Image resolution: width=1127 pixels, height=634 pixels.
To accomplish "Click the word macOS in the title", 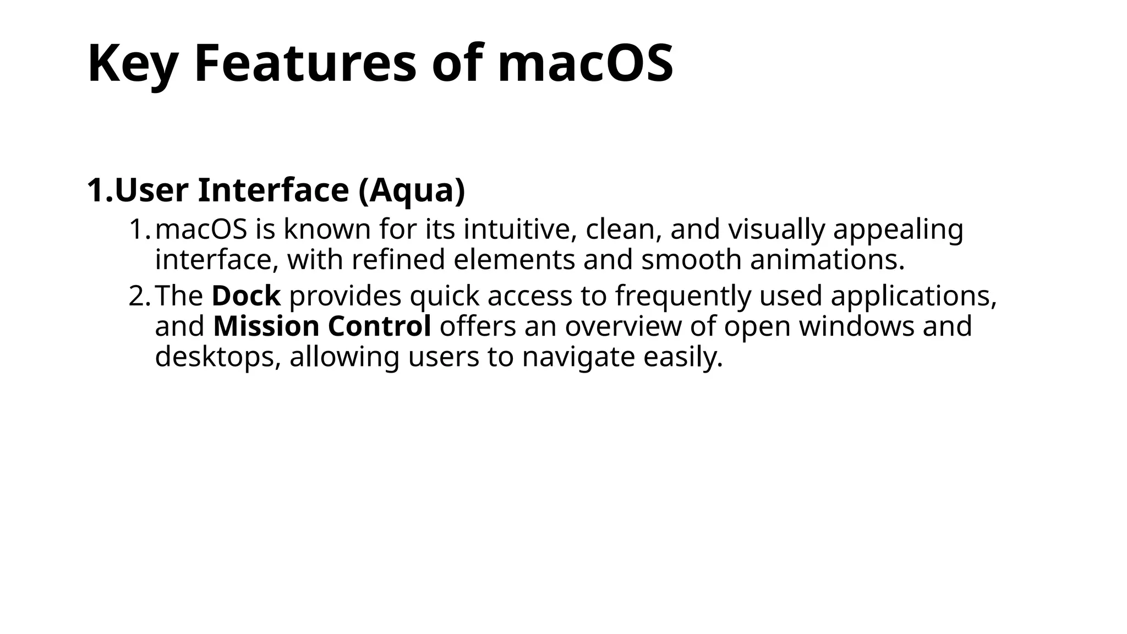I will (585, 63).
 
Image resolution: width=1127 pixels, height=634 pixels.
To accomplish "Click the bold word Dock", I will (246, 296).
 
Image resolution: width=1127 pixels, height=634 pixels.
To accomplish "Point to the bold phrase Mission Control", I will (322, 326).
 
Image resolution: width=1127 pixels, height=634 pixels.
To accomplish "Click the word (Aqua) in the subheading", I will (412, 190).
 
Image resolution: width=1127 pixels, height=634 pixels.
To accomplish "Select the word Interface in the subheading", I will (273, 190).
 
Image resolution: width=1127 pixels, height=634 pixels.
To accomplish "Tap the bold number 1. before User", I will (100, 190).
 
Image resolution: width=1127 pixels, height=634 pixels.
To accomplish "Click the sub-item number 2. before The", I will (139, 296).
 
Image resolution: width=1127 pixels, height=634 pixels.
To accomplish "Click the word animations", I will (827, 260).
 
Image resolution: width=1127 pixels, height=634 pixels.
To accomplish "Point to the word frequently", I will (683, 296).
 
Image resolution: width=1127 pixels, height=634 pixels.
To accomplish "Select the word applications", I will (913, 296).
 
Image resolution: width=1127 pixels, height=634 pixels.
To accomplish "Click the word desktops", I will (218, 357).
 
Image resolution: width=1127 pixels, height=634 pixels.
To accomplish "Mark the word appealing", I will (898, 229).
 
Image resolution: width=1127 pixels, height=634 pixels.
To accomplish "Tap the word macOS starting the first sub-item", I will (201, 229).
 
